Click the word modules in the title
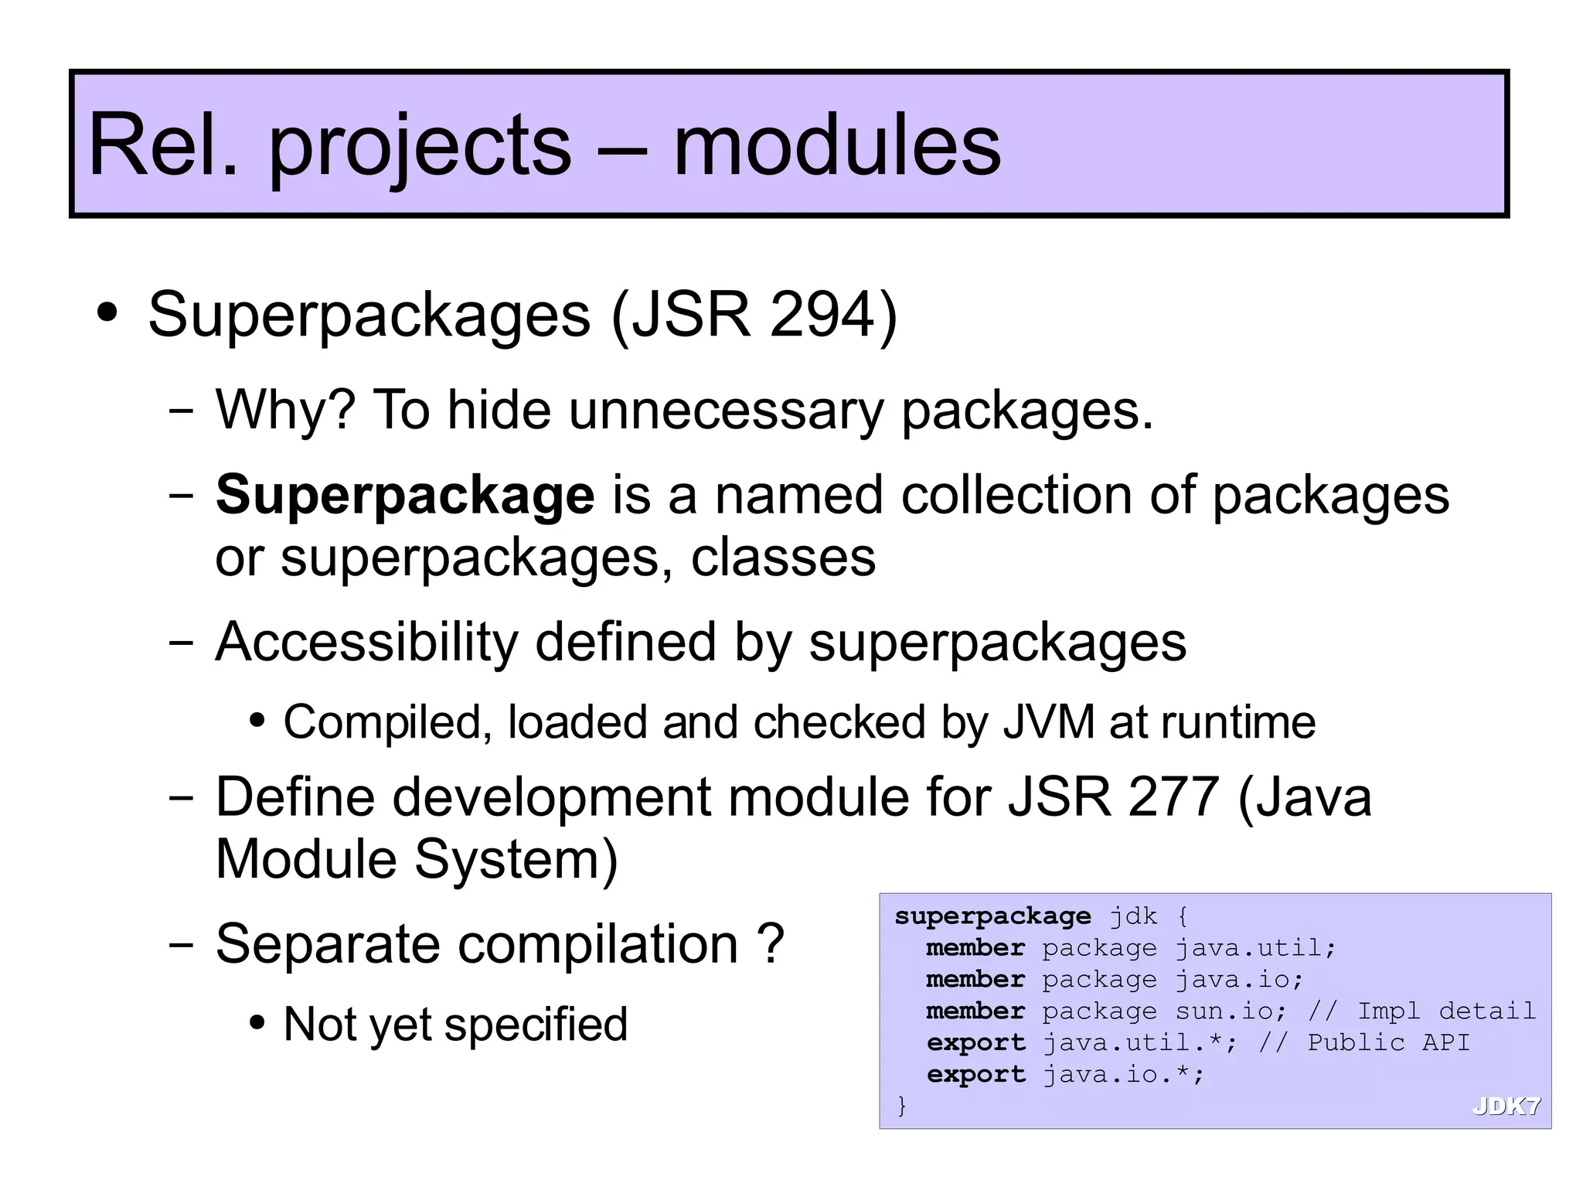(836, 145)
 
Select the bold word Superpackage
(405, 495)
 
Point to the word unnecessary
(726, 410)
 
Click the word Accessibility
(366, 642)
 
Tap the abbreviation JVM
(1048, 722)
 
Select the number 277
(1173, 796)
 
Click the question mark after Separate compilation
(771, 944)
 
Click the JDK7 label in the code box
(1506, 1107)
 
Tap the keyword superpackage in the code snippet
(992, 916)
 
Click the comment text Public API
(1388, 1042)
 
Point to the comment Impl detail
(1446, 1011)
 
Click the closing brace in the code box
(901, 1105)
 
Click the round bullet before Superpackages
(107, 313)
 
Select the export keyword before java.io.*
(975, 1074)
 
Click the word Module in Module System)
(306, 859)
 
